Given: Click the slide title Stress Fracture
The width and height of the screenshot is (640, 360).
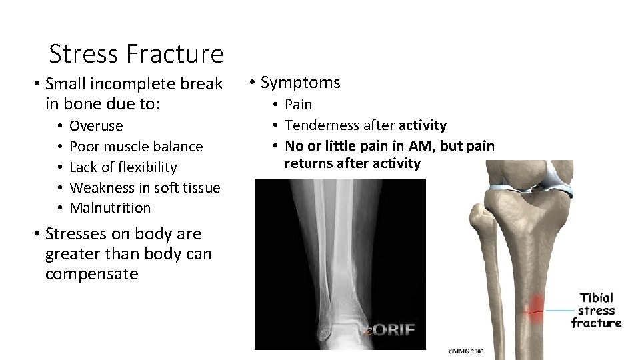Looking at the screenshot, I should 136,53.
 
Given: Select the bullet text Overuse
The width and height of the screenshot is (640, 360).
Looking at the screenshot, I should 96,126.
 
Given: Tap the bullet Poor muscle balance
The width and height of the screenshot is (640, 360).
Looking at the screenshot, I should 136,147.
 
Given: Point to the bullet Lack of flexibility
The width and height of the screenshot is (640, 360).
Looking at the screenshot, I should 123,167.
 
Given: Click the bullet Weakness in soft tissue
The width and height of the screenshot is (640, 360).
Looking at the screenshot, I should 145,188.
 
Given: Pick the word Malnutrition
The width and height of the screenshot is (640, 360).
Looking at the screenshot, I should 110,208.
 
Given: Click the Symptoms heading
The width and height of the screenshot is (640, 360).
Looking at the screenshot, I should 300,83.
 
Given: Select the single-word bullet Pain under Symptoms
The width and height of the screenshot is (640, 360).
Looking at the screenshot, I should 298,105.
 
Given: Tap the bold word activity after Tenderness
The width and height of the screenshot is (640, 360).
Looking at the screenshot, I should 423,125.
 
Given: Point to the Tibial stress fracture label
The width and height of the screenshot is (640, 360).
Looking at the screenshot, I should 596,310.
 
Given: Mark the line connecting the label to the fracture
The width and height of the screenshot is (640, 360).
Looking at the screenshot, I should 559,311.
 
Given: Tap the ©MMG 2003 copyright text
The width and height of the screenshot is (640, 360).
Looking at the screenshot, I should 466,351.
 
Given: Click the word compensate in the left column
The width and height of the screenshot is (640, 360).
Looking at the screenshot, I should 91,274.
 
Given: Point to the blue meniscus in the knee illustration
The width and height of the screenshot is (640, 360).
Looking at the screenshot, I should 553,179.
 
